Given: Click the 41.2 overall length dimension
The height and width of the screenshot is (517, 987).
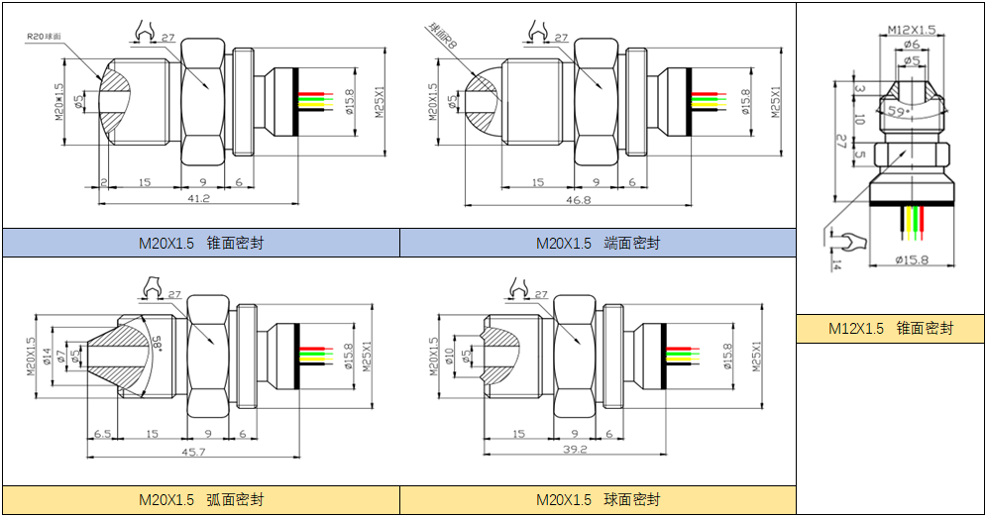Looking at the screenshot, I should (198, 198).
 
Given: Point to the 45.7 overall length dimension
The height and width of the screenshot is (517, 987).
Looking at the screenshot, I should (194, 452).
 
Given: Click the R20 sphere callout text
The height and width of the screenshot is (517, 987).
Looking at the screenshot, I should (45, 36).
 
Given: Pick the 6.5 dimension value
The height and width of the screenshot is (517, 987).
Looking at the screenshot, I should (101, 434).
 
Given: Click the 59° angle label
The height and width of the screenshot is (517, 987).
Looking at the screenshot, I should (898, 111).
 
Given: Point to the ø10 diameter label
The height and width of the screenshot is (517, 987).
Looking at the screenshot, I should (447, 357).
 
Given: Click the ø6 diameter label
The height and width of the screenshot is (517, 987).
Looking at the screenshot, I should (912, 45).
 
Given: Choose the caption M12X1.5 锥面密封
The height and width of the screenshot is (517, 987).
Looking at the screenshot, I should (890, 328).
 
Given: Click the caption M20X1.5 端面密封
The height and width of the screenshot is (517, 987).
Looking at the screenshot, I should (598, 243).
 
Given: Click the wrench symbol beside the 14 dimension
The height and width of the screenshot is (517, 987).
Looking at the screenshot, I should (840, 241).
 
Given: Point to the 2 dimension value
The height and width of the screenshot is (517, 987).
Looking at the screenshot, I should (103, 182).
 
